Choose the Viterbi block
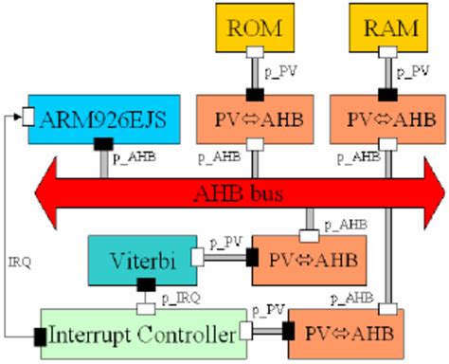137,257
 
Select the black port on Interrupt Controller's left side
41,334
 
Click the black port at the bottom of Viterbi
147,282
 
